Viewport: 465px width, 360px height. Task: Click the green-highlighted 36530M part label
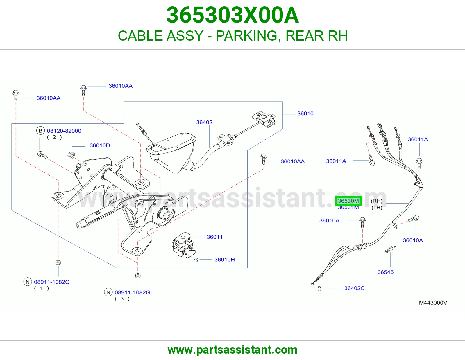tap(348, 201)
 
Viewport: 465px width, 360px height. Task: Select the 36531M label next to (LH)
tap(348, 207)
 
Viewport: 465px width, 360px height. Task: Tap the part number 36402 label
tap(204, 122)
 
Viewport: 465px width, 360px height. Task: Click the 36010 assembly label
tap(305, 114)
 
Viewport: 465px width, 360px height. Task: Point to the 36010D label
tap(100, 145)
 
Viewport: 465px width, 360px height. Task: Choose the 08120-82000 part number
tap(64, 131)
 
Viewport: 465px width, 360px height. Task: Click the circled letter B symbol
tap(40, 131)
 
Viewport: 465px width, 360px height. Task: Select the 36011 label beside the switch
tap(215, 237)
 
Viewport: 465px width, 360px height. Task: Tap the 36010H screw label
tap(224, 260)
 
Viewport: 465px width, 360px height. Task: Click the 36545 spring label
tap(385, 272)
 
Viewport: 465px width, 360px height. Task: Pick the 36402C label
tap(354, 288)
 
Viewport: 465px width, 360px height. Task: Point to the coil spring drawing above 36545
tap(389, 250)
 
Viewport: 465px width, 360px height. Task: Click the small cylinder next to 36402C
tap(319, 289)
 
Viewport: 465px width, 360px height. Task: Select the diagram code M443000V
tap(433, 303)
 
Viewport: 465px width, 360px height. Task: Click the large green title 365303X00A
tap(233, 15)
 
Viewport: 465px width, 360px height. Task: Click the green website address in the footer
tap(233, 350)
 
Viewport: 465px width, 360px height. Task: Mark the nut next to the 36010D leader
tap(71, 155)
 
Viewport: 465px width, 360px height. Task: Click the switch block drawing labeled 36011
tap(183, 245)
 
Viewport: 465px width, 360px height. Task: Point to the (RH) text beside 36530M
tap(376, 201)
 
